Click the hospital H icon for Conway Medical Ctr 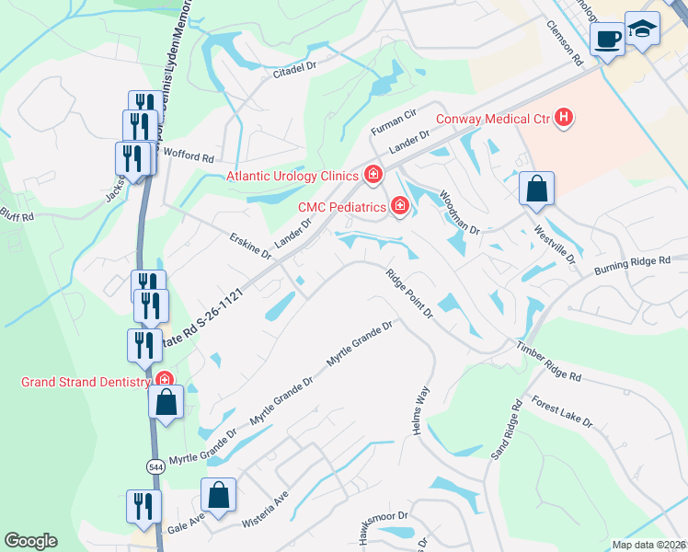tap(565, 118)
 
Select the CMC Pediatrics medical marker tap(400, 206)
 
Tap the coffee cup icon tap(607, 40)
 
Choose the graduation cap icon tap(642, 29)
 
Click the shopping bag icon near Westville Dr tap(536, 190)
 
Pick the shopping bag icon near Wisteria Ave tap(219, 496)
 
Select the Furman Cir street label tap(394, 120)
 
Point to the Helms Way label tap(419, 410)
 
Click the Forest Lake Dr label tap(563, 411)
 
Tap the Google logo tap(31, 540)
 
